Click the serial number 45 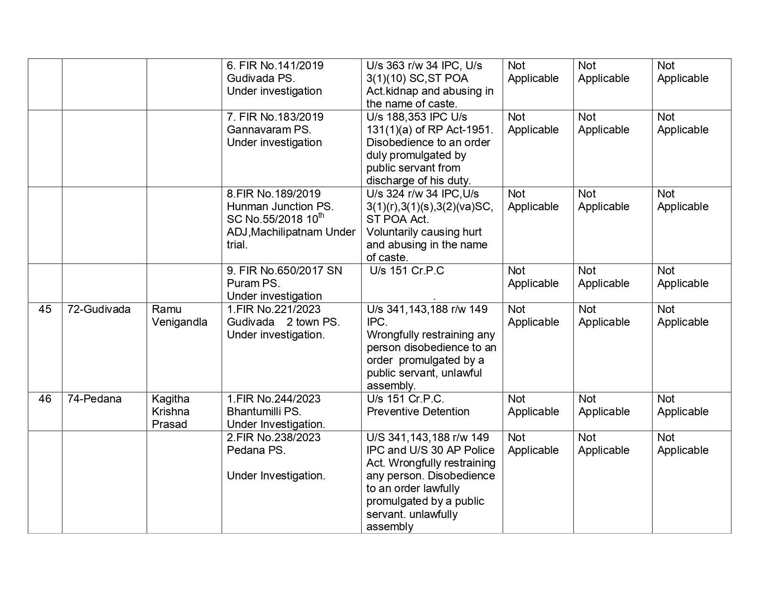tap(45, 310)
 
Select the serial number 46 tap(45, 399)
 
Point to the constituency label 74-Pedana tap(94, 399)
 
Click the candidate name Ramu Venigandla tap(179, 316)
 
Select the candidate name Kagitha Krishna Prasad tap(171, 412)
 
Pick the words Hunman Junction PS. tap(280, 207)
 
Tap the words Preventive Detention tap(418, 412)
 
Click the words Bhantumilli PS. tap(264, 412)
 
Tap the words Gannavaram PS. tap(269, 130)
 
